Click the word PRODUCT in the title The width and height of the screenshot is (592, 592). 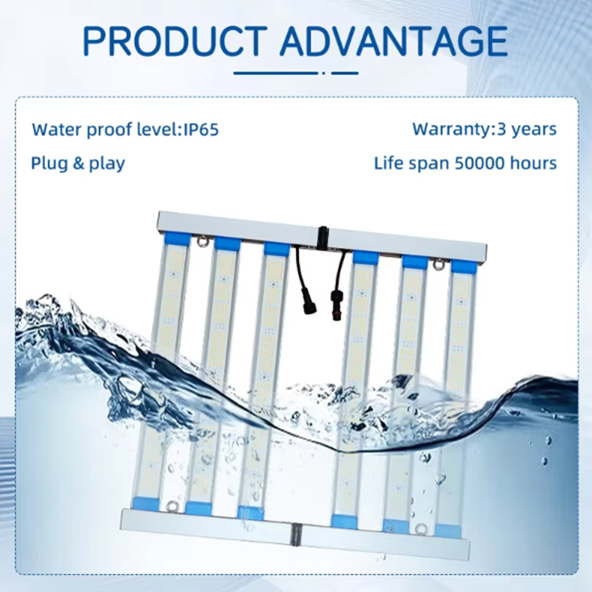pos(173,41)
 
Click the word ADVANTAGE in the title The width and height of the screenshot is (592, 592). pos(394,41)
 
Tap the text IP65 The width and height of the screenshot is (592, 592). pos(201,129)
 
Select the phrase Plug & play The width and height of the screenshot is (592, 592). pos(78,164)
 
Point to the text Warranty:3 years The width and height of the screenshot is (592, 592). pos(485,129)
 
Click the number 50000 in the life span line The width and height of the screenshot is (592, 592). pos(480,163)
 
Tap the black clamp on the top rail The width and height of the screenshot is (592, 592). pos(323,237)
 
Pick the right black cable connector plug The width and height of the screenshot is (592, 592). pos(336,305)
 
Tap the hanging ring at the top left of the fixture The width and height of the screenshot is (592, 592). pos(202,240)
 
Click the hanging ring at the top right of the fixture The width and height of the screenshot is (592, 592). pos(438,265)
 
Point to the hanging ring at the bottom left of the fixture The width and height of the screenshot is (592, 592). pos(172,505)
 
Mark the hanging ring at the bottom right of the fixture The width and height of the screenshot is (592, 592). pos(420,528)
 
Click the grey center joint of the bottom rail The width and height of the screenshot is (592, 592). pos(296,534)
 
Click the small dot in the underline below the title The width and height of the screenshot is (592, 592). pos(323,73)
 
